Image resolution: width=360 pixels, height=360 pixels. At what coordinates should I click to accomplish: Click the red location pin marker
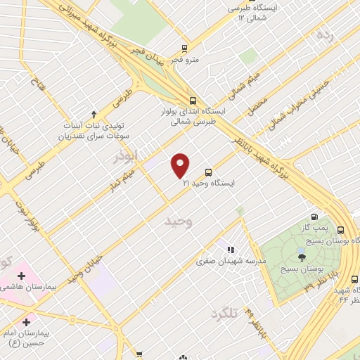pos(181,165)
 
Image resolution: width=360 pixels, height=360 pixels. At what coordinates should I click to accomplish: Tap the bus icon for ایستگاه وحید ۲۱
pos(209,172)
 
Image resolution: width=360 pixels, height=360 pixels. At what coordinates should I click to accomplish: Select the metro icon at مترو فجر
pos(184,49)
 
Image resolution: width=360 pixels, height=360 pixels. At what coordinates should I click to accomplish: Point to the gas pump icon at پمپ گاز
pos(314,217)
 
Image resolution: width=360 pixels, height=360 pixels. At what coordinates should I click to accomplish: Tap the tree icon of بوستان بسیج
pos(302,257)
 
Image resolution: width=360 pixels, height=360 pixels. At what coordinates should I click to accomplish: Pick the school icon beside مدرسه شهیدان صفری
pos(229,249)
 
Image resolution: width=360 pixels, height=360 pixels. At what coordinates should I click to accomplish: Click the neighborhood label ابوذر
pos(127,156)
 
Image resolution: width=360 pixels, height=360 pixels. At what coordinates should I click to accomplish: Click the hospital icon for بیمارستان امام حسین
pos(26,321)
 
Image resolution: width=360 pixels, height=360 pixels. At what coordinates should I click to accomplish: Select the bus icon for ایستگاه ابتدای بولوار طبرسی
pos(193,99)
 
